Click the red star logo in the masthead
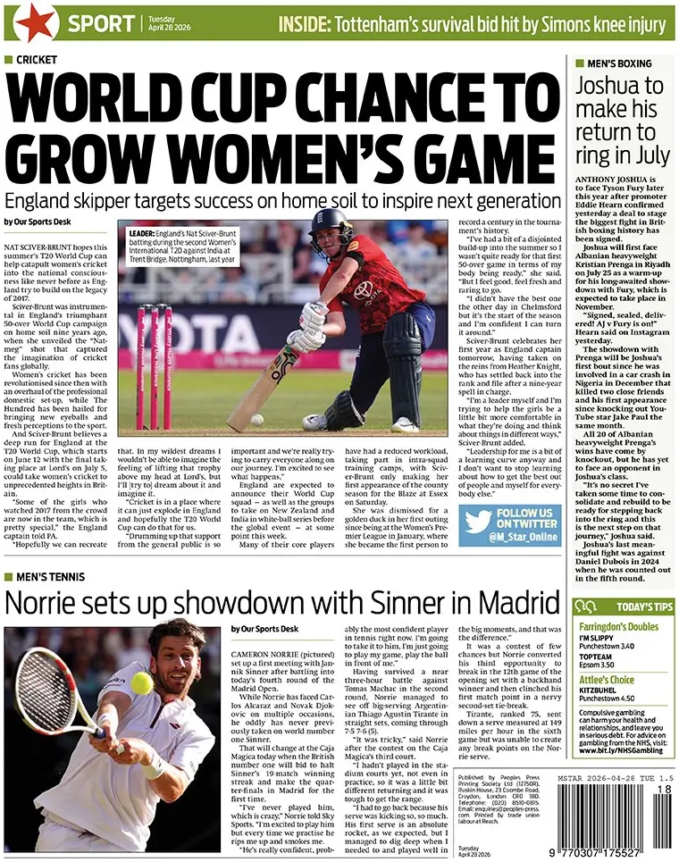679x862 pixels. coord(35,22)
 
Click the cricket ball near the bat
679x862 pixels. coord(257,419)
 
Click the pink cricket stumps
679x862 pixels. coord(154,366)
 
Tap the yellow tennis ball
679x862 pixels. coord(141,683)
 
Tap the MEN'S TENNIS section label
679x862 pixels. coord(54,578)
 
